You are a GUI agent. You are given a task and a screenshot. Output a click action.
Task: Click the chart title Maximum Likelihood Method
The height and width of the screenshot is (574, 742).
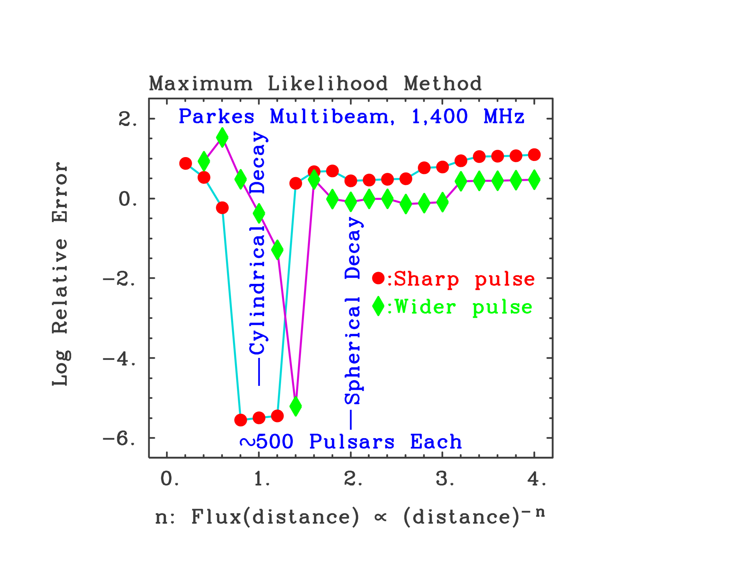[315, 84]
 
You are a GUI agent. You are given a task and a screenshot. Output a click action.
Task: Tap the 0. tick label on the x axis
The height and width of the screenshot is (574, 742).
[170, 479]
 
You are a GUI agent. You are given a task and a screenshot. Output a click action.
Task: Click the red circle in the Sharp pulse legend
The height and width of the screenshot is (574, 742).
[378, 278]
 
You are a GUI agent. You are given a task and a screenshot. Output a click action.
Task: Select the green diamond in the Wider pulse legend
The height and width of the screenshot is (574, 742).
[378, 306]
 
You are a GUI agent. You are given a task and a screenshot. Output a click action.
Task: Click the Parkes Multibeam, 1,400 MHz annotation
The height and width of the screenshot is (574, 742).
[351, 117]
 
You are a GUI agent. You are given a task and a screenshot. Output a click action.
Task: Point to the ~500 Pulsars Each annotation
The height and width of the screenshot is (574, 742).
[351, 442]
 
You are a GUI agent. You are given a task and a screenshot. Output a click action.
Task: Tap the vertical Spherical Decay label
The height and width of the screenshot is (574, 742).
[353, 311]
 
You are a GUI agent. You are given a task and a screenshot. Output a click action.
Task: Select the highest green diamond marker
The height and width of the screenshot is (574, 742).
[222, 138]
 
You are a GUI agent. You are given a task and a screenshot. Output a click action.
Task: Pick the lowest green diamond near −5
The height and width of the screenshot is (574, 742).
[296, 406]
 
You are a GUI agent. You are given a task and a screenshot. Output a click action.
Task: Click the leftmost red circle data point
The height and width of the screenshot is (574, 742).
[186, 163]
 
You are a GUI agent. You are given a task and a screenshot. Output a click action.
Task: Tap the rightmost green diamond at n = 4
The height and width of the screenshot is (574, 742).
[534, 180]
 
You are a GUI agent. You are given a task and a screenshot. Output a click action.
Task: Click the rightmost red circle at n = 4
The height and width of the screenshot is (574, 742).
[534, 155]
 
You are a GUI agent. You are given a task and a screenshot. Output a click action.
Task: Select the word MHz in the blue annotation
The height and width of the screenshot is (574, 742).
[504, 117]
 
